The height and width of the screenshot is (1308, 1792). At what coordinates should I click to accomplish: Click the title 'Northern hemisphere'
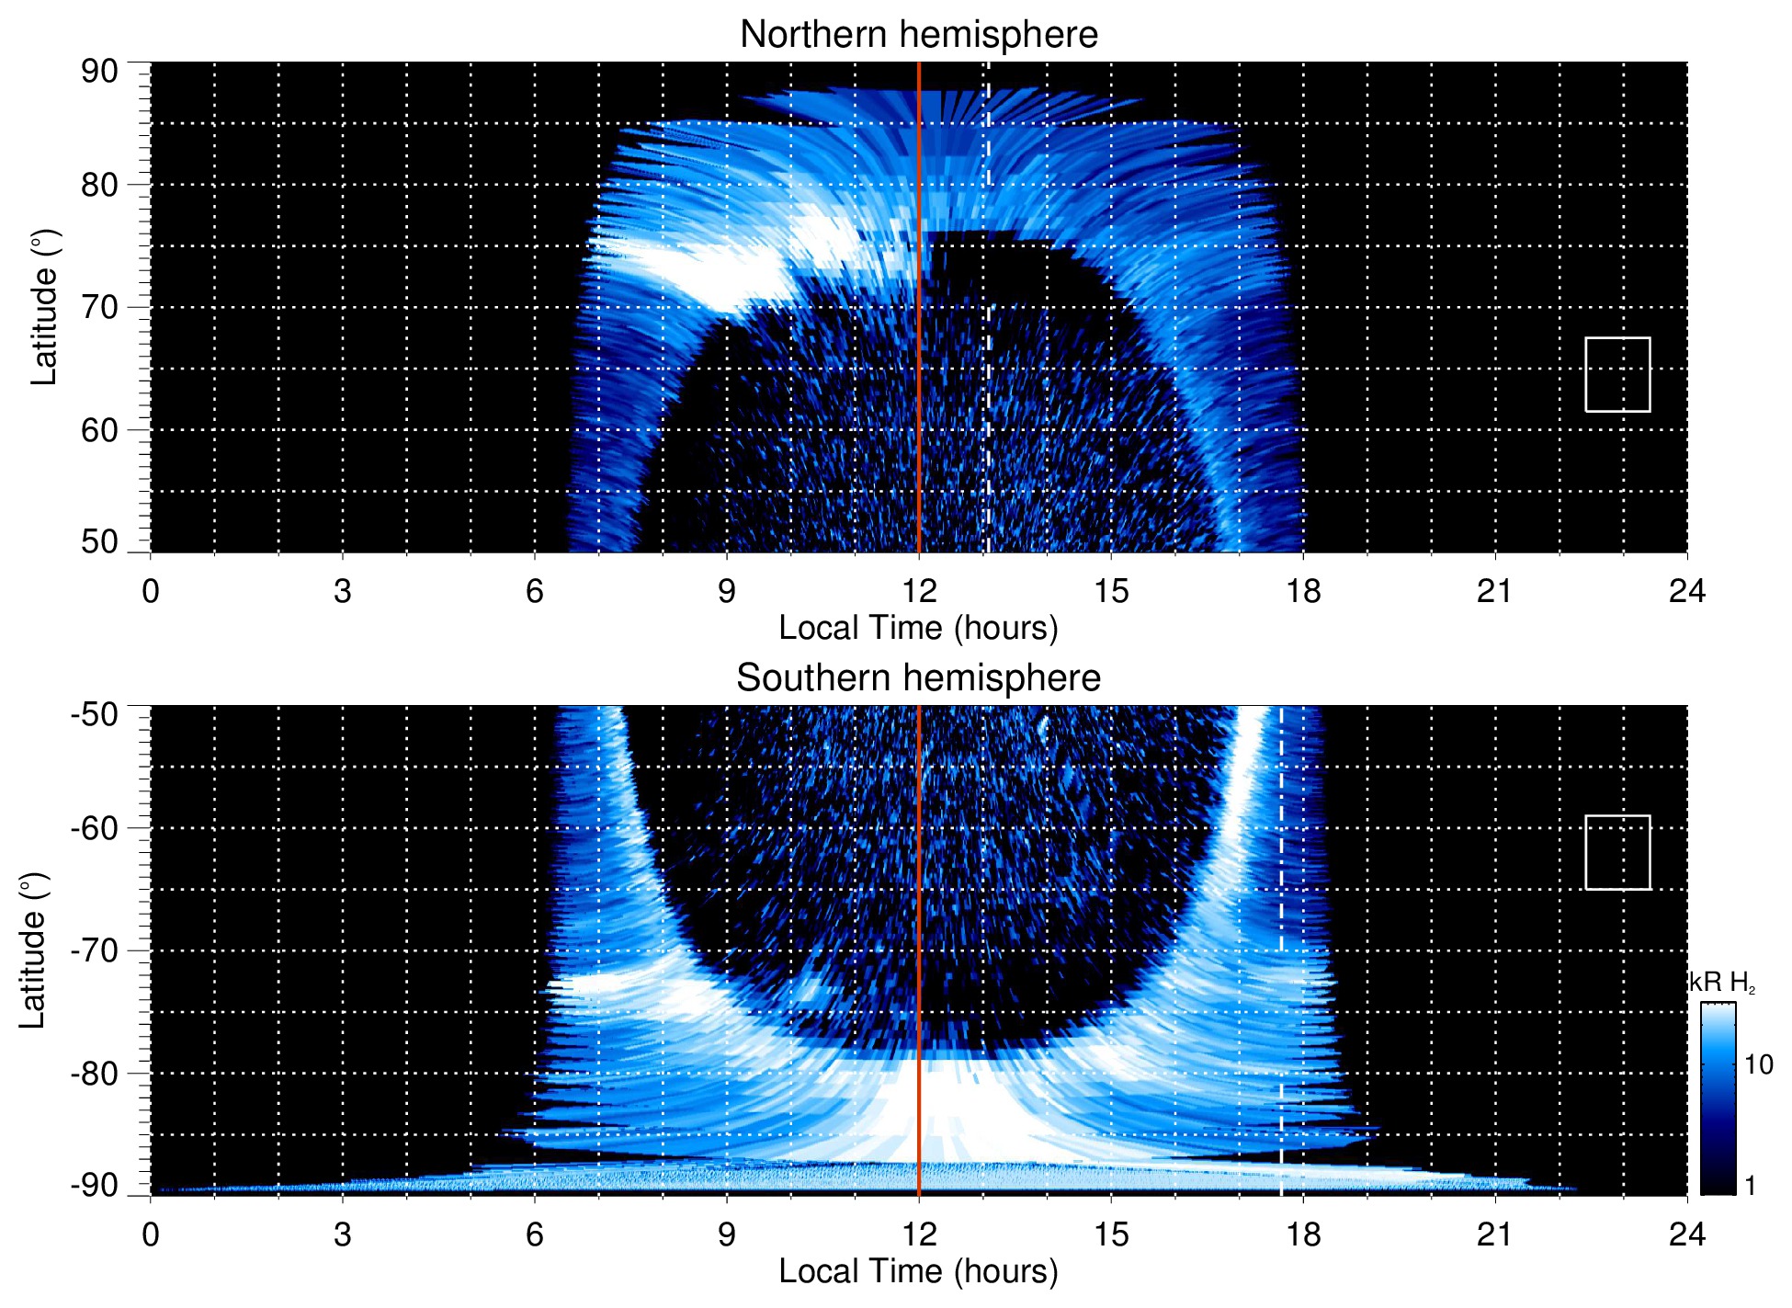918,35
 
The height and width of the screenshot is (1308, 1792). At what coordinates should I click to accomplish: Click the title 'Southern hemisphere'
918,678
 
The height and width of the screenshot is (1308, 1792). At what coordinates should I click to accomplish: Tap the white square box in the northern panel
1617,374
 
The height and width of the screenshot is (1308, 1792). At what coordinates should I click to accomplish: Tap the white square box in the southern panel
1617,852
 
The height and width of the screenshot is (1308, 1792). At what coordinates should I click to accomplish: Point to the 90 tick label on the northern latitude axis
99,72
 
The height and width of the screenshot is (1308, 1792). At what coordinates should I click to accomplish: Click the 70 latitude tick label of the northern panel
99,307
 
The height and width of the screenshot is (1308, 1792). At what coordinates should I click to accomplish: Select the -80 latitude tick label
95,1073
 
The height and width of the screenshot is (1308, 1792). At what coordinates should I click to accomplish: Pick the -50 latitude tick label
95,714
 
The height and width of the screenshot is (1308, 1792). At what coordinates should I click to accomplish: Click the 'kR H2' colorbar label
1722,983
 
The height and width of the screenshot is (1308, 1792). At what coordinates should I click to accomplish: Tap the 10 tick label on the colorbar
1758,1064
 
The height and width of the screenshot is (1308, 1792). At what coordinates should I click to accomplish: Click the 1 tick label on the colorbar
1750,1186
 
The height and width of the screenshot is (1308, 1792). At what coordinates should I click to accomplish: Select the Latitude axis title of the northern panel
44,307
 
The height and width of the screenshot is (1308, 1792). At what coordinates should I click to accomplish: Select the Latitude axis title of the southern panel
32,950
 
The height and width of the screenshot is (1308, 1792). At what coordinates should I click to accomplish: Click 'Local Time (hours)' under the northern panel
918,628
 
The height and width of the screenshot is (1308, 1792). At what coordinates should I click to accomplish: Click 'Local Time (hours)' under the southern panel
918,1271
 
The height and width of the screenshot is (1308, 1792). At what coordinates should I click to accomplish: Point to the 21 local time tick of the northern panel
1494,591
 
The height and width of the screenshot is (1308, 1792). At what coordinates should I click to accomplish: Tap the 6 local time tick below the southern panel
534,1234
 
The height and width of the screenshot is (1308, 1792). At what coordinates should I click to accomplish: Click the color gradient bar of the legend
1717,1098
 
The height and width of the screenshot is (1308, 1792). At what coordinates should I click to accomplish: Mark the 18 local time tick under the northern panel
1302,591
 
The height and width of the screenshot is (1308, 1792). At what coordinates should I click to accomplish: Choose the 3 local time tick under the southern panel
342,1234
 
